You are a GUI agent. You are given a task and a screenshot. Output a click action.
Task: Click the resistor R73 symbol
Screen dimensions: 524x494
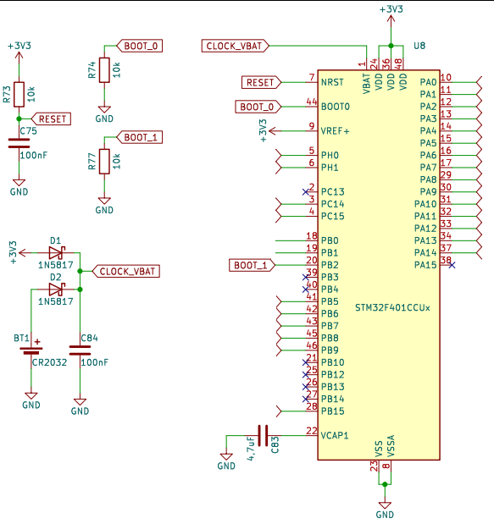(x=19, y=94)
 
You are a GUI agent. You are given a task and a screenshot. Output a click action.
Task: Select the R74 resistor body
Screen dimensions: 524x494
(x=104, y=70)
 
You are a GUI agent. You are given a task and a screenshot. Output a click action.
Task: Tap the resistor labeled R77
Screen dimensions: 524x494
(x=104, y=160)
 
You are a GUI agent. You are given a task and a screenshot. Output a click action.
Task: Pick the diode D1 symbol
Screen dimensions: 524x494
(x=56, y=252)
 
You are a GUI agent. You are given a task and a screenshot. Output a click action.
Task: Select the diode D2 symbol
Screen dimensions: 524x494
(x=56, y=289)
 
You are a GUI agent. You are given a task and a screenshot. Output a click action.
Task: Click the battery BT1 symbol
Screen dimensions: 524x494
(x=31, y=350)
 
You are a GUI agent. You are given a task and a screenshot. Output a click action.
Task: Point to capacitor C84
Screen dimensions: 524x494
(x=80, y=350)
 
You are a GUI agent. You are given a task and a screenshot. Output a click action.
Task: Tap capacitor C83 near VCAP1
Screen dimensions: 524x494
(x=262, y=434)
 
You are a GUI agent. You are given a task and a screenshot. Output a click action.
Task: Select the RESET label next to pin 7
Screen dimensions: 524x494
(x=259, y=82)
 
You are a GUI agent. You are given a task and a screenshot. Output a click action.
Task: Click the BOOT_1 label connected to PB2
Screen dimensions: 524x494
(x=252, y=266)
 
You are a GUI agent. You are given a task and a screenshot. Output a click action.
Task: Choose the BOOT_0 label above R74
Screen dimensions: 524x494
(x=141, y=46)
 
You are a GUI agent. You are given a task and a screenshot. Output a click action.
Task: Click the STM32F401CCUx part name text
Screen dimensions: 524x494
(x=392, y=306)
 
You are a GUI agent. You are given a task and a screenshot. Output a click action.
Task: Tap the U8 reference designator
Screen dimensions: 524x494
(x=419, y=44)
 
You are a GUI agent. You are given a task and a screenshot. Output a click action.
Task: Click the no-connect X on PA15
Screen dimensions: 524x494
(x=452, y=265)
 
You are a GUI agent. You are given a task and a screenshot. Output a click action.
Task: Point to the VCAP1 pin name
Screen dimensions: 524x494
(x=336, y=435)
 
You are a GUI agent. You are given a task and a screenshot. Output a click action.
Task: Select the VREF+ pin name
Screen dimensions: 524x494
(x=336, y=131)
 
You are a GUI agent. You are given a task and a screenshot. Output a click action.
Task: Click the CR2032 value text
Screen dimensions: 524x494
(x=50, y=361)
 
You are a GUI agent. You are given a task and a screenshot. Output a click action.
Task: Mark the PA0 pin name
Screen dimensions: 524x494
(x=428, y=82)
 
